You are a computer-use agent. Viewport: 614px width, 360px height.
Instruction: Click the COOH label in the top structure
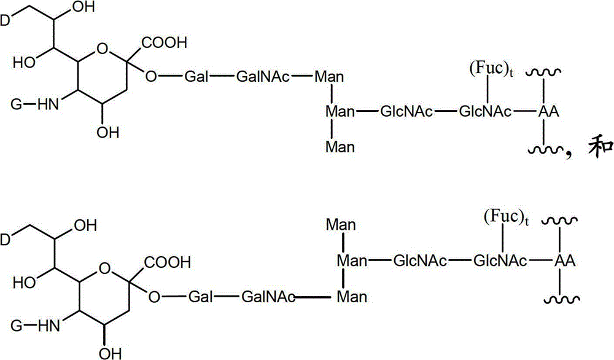click(x=165, y=42)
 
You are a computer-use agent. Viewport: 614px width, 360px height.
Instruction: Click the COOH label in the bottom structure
click(x=168, y=262)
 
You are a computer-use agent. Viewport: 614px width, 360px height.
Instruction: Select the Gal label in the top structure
click(x=196, y=76)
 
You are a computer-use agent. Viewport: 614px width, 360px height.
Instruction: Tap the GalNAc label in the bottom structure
click(x=268, y=297)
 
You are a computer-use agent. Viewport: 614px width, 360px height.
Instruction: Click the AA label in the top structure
click(x=548, y=111)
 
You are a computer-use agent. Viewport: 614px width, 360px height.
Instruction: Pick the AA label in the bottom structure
click(x=565, y=260)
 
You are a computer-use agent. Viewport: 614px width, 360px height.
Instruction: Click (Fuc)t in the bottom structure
click(x=507, y=218)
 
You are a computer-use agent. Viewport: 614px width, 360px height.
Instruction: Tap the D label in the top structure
click(x=5, y=20)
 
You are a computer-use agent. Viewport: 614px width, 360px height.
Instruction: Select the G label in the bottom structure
click(x=16, y=326)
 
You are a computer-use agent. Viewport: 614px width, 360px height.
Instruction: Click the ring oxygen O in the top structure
click(x=102, y=50)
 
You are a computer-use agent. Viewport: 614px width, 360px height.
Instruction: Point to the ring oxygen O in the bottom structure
click(x=105, y=269)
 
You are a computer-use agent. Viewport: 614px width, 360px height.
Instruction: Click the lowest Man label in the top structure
click(x=340, y=147)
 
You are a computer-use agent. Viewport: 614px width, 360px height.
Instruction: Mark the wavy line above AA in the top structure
click(x=544, y=72)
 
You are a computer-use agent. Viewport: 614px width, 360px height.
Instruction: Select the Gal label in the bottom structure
click(x=200, y=297)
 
